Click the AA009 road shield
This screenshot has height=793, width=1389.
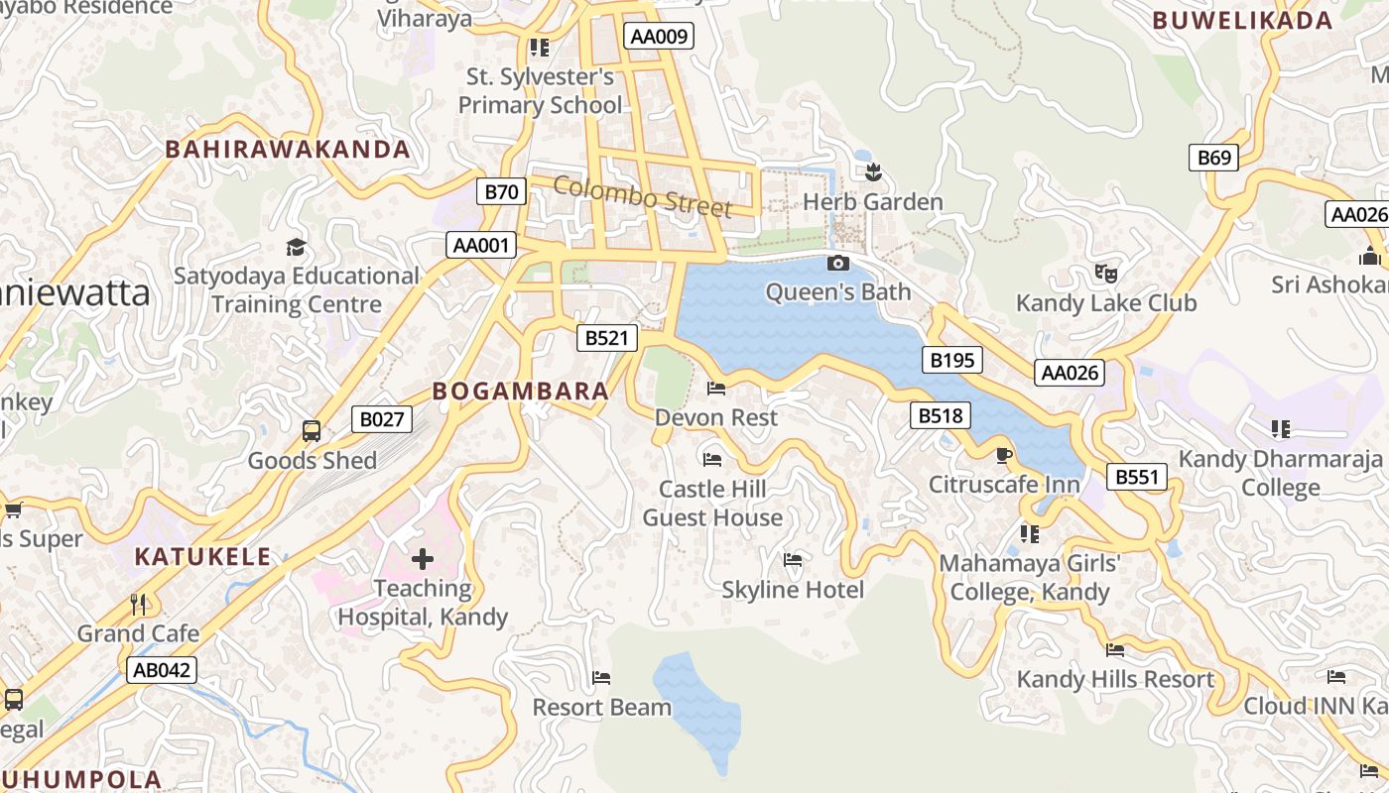tap(660, 37)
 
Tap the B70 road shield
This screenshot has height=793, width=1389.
tap(501, 191)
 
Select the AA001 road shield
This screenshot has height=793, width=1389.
tap(482, 245)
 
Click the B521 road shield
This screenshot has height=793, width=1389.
tap(606, 338)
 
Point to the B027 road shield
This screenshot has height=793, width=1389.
tap(381, 419)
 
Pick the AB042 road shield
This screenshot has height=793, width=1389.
tap(162, 670)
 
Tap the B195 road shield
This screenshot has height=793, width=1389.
tap(951, 360)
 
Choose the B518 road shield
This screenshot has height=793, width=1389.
tap(940, 415)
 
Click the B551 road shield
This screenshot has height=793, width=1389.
tap(1137, 477)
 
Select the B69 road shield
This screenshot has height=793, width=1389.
tap(1213, 158)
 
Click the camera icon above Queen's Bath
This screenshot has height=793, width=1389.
tap(838, 263)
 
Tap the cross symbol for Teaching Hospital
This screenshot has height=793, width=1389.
tap(423, 559)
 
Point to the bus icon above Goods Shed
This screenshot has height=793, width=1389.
tap(312, 431)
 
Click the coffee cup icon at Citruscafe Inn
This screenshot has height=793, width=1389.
tap(1003, 455)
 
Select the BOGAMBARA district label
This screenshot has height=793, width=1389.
tap(521, 391)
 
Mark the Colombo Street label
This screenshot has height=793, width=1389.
tap(642, 196)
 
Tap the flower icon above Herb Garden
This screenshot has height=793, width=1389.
tap(873, 173)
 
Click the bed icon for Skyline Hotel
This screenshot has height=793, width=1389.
tap(793, 560)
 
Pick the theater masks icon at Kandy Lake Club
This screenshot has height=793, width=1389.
tap(1106, 273)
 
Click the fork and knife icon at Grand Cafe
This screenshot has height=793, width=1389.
tap(139, 604)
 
